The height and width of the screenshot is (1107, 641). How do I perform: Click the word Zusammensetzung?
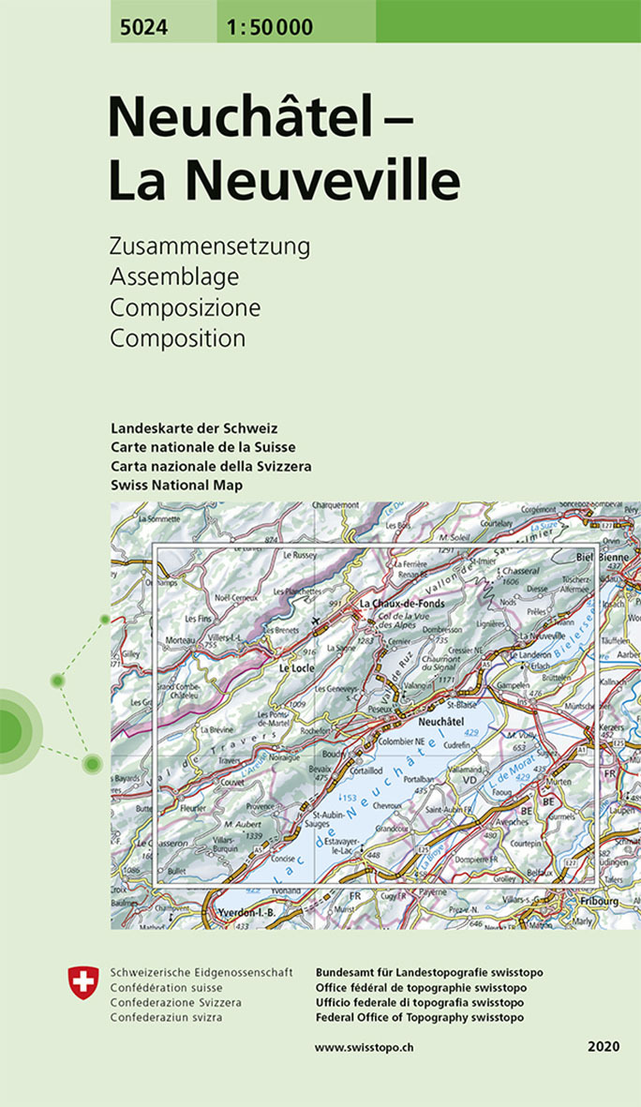coord(209,247)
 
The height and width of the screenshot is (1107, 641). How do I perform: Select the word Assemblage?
coord(174,277)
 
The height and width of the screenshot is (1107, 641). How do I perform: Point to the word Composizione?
coord(186,307)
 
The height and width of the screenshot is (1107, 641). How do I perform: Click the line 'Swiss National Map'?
coord(176,485)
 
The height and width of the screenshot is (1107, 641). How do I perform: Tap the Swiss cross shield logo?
coord(82,983)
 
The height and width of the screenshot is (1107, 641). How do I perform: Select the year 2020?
coord(604,1046)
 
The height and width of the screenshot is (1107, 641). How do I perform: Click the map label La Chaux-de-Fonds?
coord(404,604)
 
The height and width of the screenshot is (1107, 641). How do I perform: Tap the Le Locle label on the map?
coord(296,668)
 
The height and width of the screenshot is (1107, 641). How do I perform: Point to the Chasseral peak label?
coord(521,571)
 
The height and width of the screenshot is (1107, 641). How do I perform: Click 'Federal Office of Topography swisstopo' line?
coord(420,1018)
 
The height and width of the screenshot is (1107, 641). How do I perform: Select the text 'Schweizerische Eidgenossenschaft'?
coord(201,972)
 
